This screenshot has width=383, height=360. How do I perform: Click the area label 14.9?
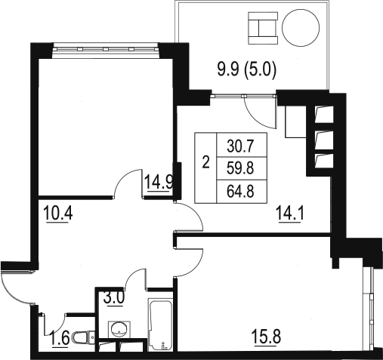click(159, 182)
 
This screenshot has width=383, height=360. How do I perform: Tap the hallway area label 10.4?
click(58, 213)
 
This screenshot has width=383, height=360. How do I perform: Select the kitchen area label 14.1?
click(290, 213)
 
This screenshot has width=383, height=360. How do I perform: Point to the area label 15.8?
click(267, 337)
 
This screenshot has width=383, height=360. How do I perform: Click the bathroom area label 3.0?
click(114, 297)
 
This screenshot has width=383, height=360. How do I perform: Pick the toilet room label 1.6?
click(60, 338)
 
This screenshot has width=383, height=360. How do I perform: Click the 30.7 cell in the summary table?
click(240, 146)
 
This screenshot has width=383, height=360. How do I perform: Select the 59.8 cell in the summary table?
click(240, 168)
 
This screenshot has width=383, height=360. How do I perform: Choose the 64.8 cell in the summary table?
click(240, 191)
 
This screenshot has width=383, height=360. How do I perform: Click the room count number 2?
click(206, 162)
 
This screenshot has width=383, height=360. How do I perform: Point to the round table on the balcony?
click(301, 28)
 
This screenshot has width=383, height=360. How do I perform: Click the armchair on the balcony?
click(263, 28)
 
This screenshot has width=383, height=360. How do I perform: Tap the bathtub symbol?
click(161, 325)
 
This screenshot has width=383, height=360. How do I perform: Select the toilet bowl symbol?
click(83, 338)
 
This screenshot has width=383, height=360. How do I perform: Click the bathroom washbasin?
click(119, 329)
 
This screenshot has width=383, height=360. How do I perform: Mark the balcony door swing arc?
click(256, 119)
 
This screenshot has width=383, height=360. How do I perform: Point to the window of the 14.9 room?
click(106, 49)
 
